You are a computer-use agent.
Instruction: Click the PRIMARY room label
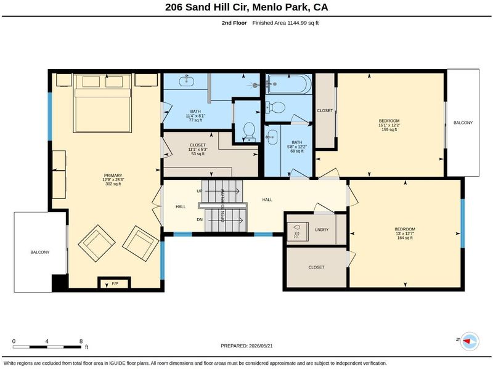point(113,176)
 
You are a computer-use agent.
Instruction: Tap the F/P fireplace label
point(115,284)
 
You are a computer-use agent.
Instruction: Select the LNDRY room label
point(322,230)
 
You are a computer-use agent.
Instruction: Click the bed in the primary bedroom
point(102,103)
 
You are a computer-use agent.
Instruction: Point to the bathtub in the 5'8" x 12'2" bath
point(288,84)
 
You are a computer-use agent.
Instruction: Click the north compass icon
point(469,341)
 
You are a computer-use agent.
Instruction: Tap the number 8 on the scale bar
point(81,341)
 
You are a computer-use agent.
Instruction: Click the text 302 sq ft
point(113,184)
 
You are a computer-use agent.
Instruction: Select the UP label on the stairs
point(199,191)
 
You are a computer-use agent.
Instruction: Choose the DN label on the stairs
point(200,220)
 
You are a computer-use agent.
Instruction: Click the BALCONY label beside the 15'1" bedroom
point(463,123)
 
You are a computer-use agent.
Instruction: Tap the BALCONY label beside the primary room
point(40,252)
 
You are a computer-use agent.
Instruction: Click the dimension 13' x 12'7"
point(405,233)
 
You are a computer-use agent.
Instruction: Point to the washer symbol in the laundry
point(298,232)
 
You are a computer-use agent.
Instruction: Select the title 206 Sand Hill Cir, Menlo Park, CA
point(246,7)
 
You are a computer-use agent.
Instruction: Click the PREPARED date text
point(246,346)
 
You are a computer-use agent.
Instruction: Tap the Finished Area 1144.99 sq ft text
point(285,23)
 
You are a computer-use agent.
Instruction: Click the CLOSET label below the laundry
point(316,267)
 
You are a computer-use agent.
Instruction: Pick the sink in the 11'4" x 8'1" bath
point(187,81)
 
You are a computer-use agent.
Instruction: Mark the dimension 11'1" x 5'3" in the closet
point(198,149)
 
